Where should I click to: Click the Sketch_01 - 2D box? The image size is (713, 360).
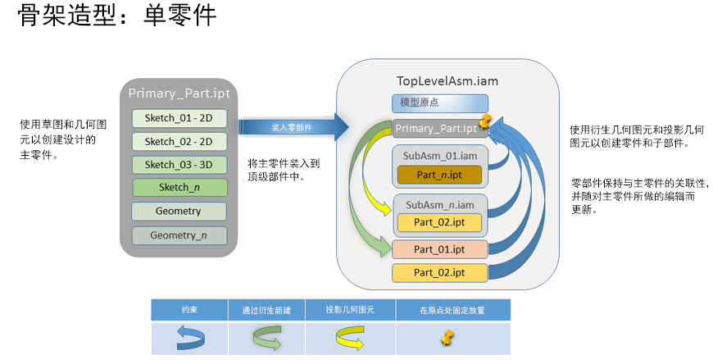click(179, 118)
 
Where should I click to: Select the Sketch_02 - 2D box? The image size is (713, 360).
click(179, 141)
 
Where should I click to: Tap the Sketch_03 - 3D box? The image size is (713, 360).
click(179, 164)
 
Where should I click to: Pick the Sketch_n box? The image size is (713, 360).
click(179, 188)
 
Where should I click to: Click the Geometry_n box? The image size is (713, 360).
click(179, 235)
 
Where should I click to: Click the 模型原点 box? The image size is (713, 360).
click(440, 103)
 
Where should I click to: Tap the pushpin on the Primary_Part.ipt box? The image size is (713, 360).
click(487, 122)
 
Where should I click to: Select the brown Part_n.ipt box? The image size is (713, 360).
click(439, 175)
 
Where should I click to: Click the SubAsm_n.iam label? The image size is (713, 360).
click(439, 203)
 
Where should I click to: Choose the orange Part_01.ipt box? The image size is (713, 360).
click(439, 249)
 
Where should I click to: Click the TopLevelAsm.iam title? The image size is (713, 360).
click(447, 81)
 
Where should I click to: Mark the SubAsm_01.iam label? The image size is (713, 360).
click(439, 156)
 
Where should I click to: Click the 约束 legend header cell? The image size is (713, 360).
click(189, 310)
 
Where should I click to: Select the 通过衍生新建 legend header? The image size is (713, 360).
click(266, 310)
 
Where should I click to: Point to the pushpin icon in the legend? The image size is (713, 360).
click(447, 337)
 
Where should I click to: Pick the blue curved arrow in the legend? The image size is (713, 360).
click(189, 337)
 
